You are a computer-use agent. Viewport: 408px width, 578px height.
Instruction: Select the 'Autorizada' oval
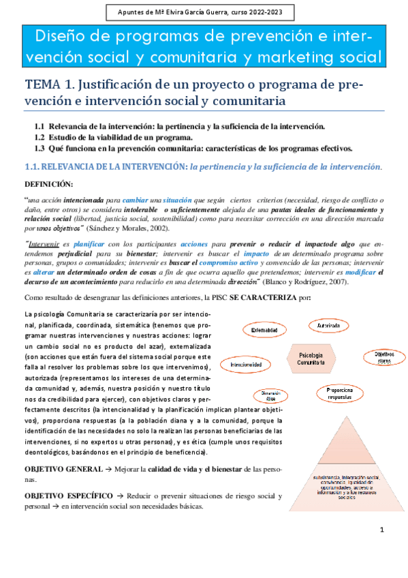pos(324,326)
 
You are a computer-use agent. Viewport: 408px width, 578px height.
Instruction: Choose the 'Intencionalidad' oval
pos(247,365)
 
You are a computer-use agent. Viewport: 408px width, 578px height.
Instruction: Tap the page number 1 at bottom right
pos(382,530)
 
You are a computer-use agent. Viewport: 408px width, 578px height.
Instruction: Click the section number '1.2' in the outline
pos(40,137)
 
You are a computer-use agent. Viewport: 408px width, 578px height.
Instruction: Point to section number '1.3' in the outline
pos(40,148)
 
